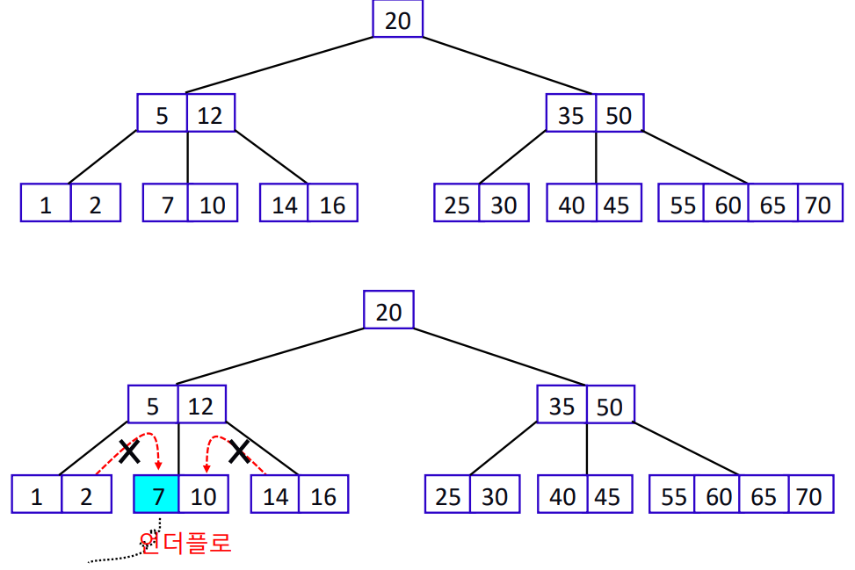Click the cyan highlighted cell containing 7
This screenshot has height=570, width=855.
[156, 494]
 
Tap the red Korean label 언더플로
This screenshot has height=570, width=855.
[185, 542]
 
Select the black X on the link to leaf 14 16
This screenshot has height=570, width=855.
[239, 451]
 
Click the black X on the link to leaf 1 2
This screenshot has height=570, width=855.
[130, 451]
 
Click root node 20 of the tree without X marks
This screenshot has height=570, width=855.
[397, 19]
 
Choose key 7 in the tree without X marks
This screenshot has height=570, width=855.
[167, 204]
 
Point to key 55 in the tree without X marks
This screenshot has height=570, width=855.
[682, 204]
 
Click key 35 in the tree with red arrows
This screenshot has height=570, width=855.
[562, 406]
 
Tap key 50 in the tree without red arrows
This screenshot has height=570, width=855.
[619, 114]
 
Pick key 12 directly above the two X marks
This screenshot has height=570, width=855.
[201, 406]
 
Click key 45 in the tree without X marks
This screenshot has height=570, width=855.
[617, 204]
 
